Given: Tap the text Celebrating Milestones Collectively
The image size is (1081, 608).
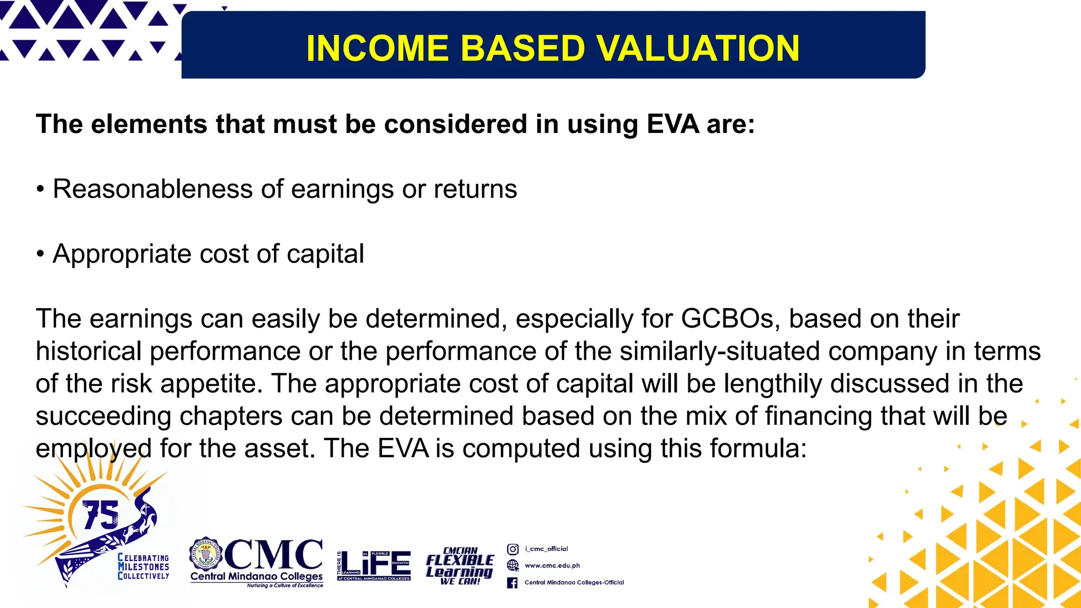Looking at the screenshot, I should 144,567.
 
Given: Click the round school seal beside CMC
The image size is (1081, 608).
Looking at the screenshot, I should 205,555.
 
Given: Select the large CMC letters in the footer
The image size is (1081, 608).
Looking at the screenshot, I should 273,554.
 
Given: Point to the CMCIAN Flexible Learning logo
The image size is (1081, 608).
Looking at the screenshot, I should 459,566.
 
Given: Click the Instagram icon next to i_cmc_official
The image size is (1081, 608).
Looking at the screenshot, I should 513,549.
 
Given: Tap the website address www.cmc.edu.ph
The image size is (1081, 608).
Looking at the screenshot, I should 552,566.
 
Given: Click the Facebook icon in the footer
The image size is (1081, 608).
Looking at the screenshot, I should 513,583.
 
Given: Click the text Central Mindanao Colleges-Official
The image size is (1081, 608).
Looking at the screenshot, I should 574,583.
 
